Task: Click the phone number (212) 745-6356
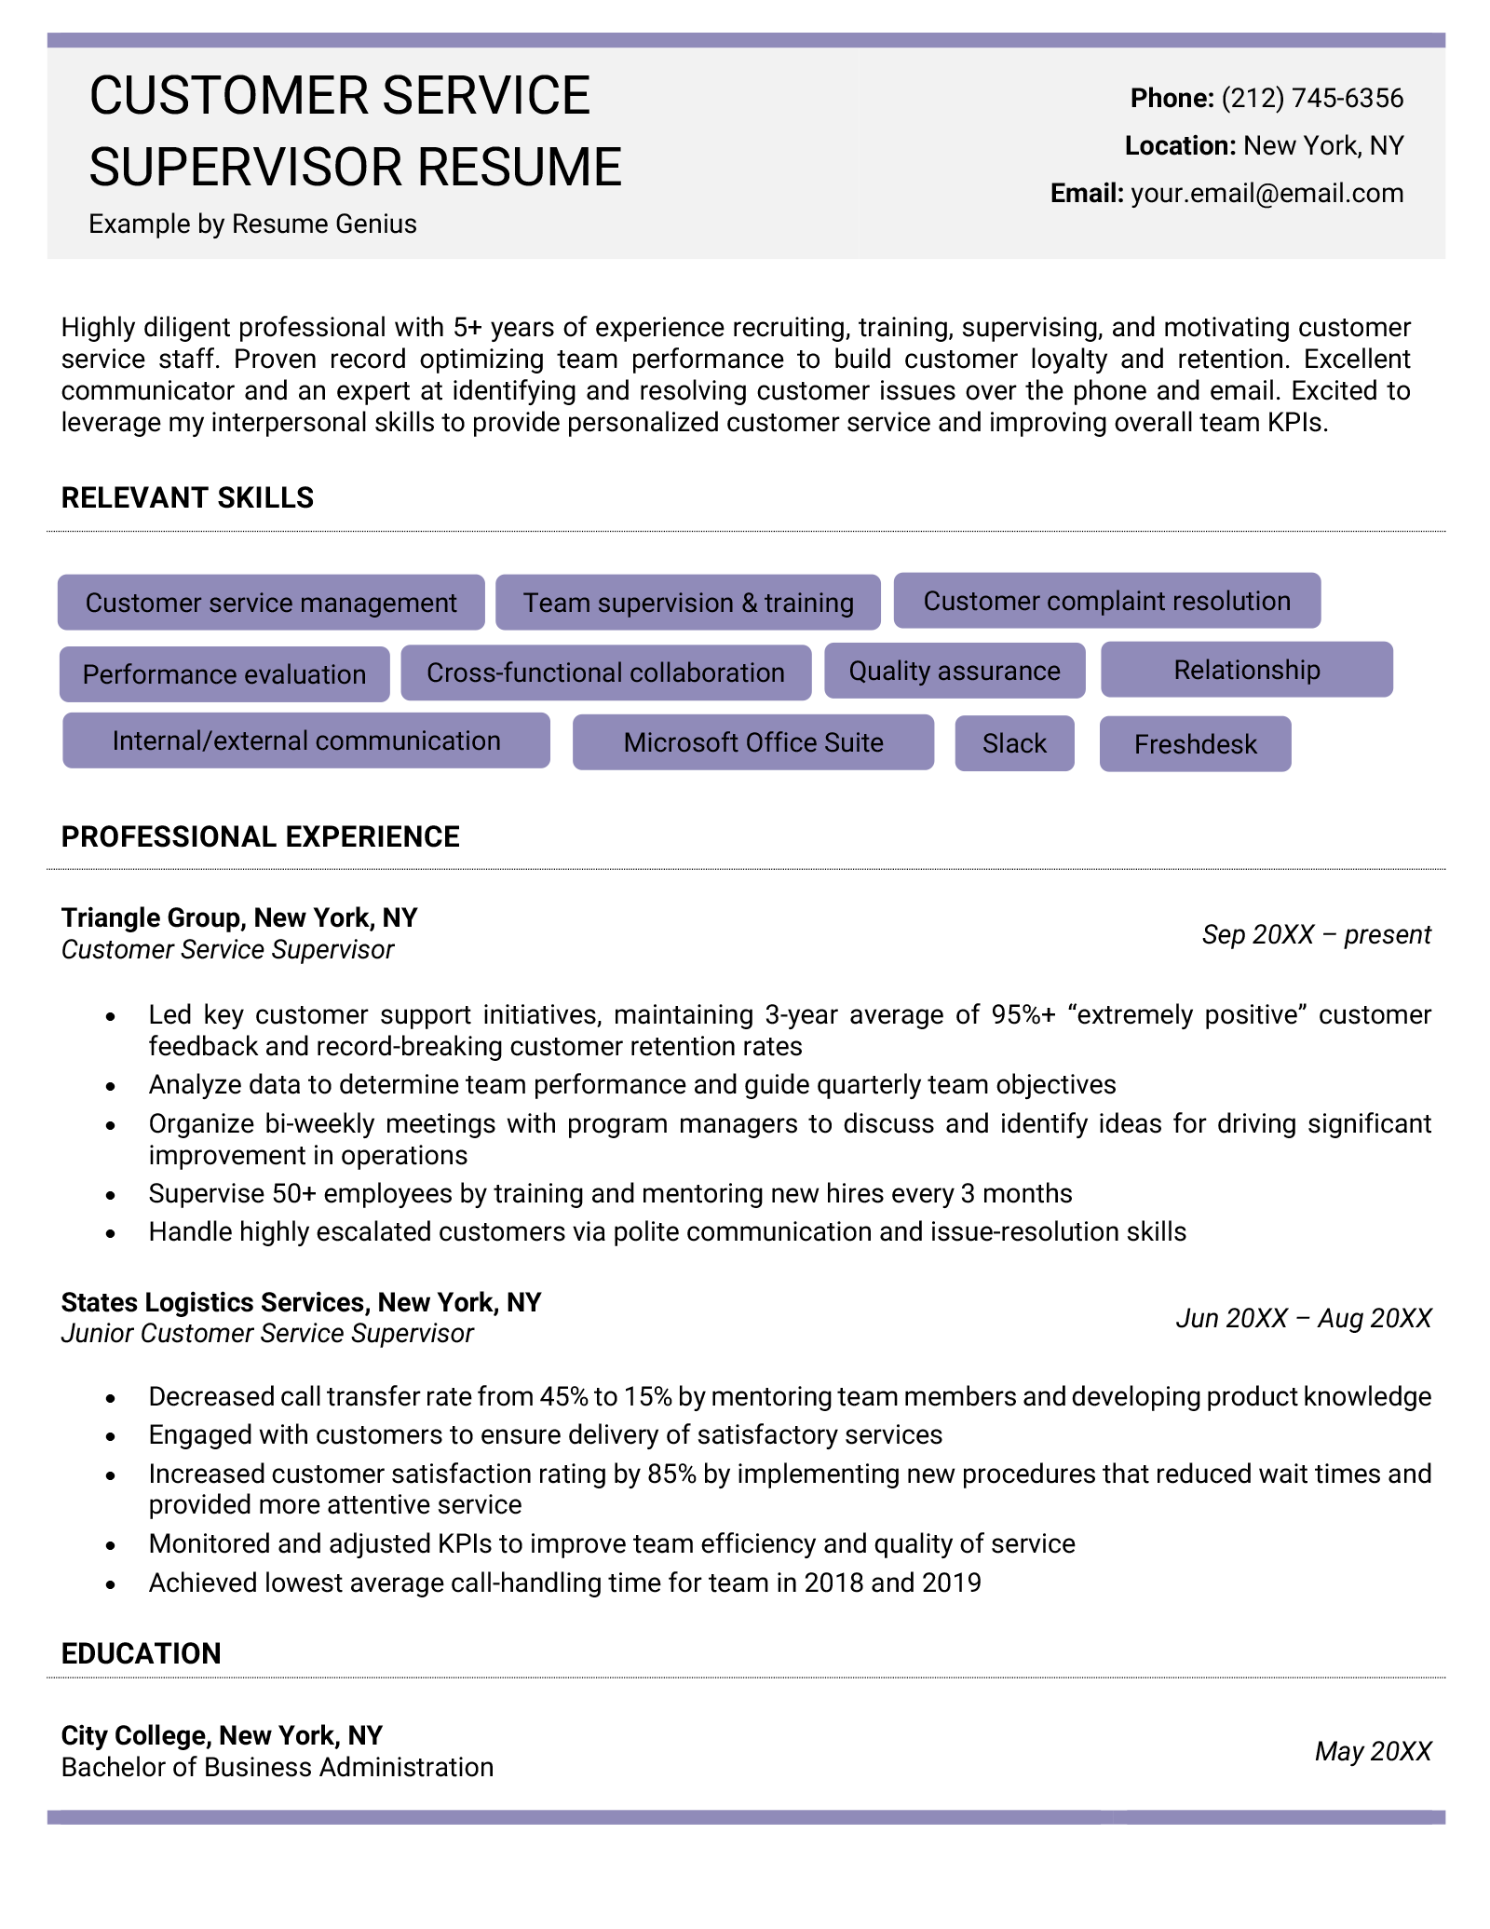click(x=1311, y=98)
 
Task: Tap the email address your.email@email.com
click(x=1266, y=193)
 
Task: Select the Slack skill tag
click(x=1014, y=743)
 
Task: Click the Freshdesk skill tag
click(x=1195, y=744)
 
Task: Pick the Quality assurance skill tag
click(x=955, y=671)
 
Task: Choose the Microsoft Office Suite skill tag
click(x=752, y=742)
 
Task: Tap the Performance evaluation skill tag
click(x=224, y=674)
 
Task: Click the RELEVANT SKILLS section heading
click(x=187, y=497)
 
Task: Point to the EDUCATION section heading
click(x=141, y=1653)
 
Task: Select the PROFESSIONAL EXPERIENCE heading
click(x=260, y=836)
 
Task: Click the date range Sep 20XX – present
click(x=1316, y=934)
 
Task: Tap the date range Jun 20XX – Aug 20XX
click(x=1303, y=1318)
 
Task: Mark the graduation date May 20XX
click(x=1373, y=1752)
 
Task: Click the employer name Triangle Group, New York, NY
click(x=239, y=917)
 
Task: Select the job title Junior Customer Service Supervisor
click(x=267, y=1334)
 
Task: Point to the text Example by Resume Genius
click(x=252, y=224)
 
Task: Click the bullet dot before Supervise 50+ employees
click(x=111, y=1195)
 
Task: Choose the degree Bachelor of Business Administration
click(x=277, y=1768)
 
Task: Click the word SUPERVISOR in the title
click(x=246, y=167)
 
